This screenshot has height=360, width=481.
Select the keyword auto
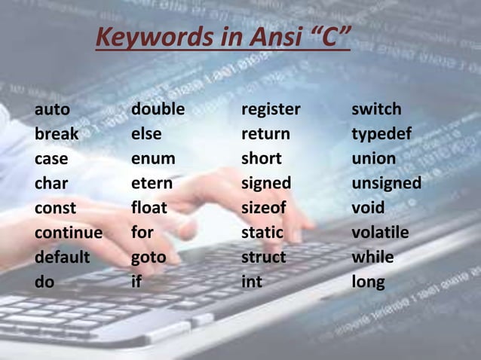point(52,110)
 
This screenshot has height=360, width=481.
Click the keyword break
point(56,135)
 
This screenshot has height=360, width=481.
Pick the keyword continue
point(69,233)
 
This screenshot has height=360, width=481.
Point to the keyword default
point(62,258)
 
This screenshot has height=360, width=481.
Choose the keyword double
point(158,110)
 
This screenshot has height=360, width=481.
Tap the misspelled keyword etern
point(152,184)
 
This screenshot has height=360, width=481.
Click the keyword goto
point(149,258)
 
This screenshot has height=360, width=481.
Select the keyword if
point(136,282)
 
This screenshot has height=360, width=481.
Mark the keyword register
point(271,110)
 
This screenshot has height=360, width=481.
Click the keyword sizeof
point(265,208)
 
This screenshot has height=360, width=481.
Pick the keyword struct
point(263,258)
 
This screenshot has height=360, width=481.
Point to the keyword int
point(251,282)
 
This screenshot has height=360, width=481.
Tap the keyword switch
point(376,110)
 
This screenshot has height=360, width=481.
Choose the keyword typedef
point(381,135)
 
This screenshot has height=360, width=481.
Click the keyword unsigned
point(386,184)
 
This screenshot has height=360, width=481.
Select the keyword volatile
point(380,233)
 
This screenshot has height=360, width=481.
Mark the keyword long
point(368,282)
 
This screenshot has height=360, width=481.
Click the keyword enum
point(153,159)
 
